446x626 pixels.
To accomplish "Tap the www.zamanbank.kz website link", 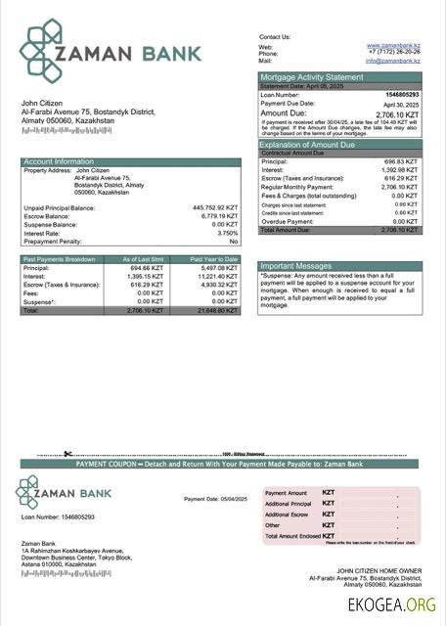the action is click(393, 45).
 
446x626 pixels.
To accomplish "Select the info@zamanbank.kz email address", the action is click(393, 61).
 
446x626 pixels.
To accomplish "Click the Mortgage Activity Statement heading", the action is click(311, 77).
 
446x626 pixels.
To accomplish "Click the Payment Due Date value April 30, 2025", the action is click(401, 104).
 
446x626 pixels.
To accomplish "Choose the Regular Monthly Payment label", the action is click(296, 187).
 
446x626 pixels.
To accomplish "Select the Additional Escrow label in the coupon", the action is click(287, 514).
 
